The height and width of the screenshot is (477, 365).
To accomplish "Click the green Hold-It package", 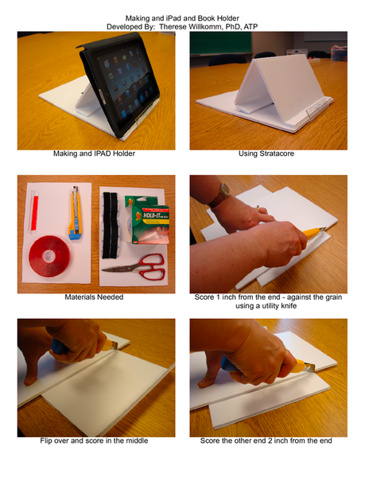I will pos(143,218).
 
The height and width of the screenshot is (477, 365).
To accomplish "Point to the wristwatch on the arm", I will pos(225,192).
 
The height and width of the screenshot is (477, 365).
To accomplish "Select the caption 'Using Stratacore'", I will pos(268,154).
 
